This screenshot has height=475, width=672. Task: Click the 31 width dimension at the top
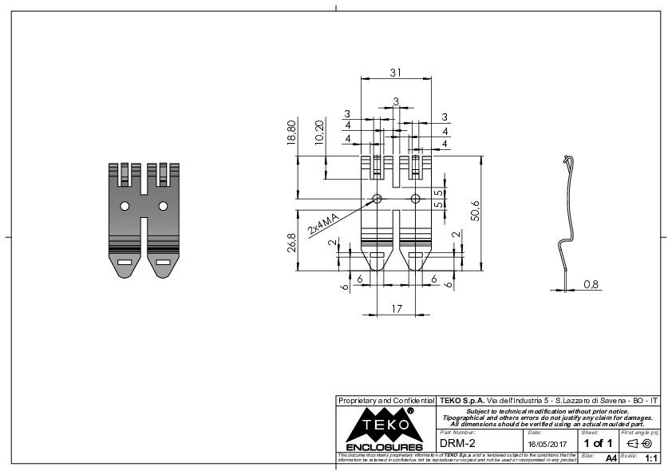[395, 72]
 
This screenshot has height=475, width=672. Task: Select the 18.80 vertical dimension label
[291, 132]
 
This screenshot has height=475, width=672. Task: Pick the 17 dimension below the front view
[397, 308]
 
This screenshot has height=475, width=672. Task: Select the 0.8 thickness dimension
[591, 284]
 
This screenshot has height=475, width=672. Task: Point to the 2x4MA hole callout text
[326, 226]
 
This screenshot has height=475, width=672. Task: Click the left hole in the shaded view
[125, 206]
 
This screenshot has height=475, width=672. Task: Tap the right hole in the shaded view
[163, 206]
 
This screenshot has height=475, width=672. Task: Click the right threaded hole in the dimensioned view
[415, 198]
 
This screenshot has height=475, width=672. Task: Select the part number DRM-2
[457, 443]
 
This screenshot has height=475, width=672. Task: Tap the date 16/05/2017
[547, 444]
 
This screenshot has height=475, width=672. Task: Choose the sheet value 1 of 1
[598, 443]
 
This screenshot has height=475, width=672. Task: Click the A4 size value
[611, 458]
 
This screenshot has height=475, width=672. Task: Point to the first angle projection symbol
[640, 443]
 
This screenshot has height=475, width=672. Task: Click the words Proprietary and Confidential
[385, 399]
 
